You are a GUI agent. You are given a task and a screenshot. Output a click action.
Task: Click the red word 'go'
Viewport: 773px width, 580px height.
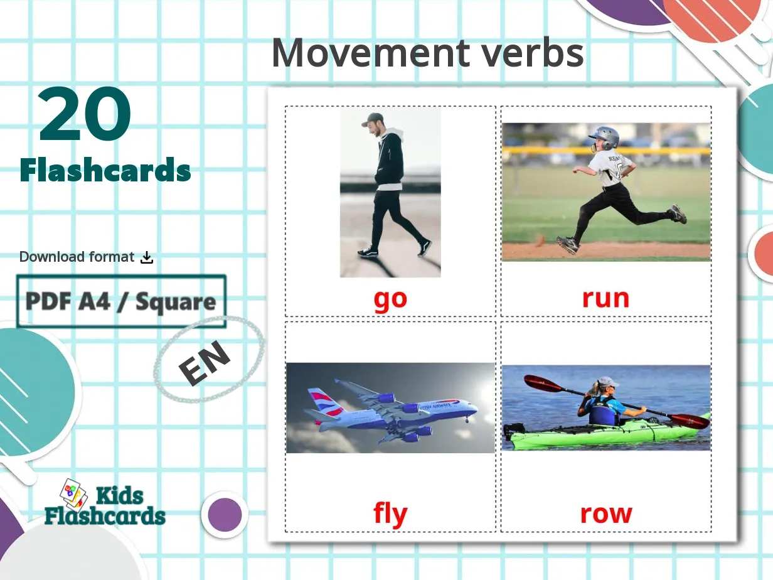tap(390, 299)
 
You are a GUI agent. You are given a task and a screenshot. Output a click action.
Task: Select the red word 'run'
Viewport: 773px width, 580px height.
tap(605, 298)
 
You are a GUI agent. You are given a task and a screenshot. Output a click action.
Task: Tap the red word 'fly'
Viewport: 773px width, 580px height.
tap(390, 515)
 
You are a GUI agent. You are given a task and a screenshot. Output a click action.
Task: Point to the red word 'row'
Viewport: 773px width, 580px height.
tap(605, 514)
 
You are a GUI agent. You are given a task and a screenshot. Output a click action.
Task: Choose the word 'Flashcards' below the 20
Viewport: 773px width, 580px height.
tap(105, 170)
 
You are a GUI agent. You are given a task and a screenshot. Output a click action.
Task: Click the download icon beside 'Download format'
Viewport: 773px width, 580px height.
tap(147, 257)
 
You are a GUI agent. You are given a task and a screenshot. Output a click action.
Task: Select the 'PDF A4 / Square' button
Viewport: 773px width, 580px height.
tap(121, 302)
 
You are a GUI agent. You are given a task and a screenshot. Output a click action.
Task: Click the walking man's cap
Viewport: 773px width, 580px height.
tap(372, 119)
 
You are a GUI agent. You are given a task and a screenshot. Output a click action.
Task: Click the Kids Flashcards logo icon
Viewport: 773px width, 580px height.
tap(73, 494)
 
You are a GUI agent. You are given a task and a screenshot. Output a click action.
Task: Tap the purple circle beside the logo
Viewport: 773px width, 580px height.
tap(225, 514)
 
